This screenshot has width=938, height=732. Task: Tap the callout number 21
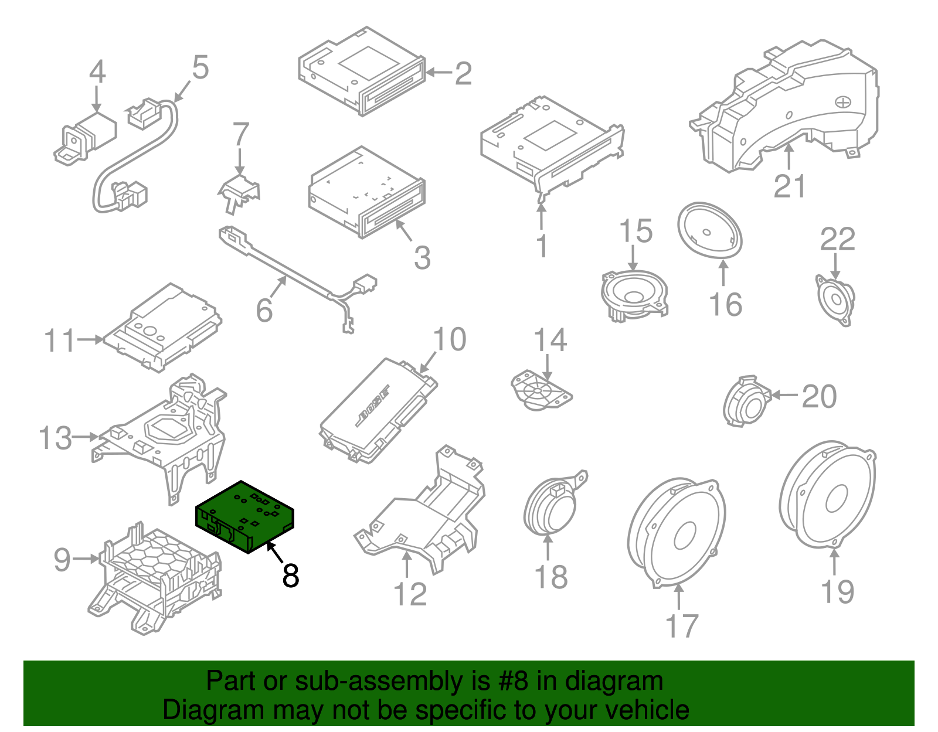[790, 186]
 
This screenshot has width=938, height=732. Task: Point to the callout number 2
[463, 74]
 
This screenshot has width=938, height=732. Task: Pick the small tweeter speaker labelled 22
[835, 300]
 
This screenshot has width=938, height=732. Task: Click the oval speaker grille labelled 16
[710, 230]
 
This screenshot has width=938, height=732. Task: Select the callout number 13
[55, 438]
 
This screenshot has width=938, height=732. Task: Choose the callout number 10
[449, 339]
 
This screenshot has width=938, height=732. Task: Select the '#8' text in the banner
[513, 681]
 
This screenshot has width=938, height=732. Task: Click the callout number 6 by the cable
[264, 310]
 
